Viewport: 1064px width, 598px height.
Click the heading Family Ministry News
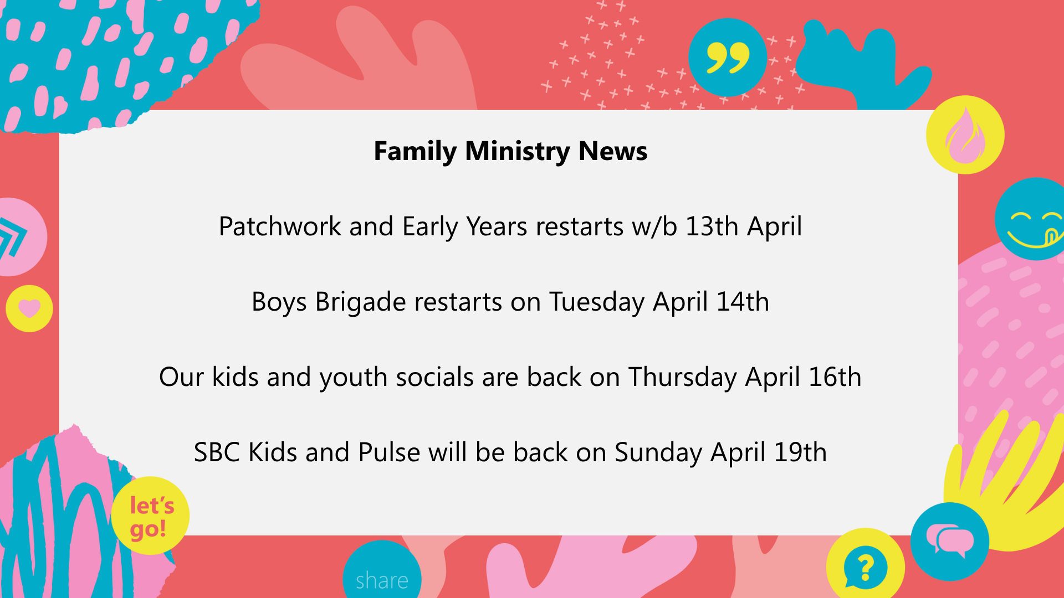point(510,151)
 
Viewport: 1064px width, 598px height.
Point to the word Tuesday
point(597,302)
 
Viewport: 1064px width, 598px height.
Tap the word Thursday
point(682,378)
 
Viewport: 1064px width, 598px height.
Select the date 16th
point(835,377)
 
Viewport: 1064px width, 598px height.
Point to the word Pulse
point(389,452)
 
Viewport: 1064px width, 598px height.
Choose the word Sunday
point(658,453)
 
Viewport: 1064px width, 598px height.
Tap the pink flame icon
point(965,136)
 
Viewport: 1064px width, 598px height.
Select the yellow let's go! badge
point(150,515)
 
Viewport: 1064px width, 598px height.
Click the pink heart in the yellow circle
point(29,308)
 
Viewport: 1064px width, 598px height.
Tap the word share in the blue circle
point(382,581)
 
